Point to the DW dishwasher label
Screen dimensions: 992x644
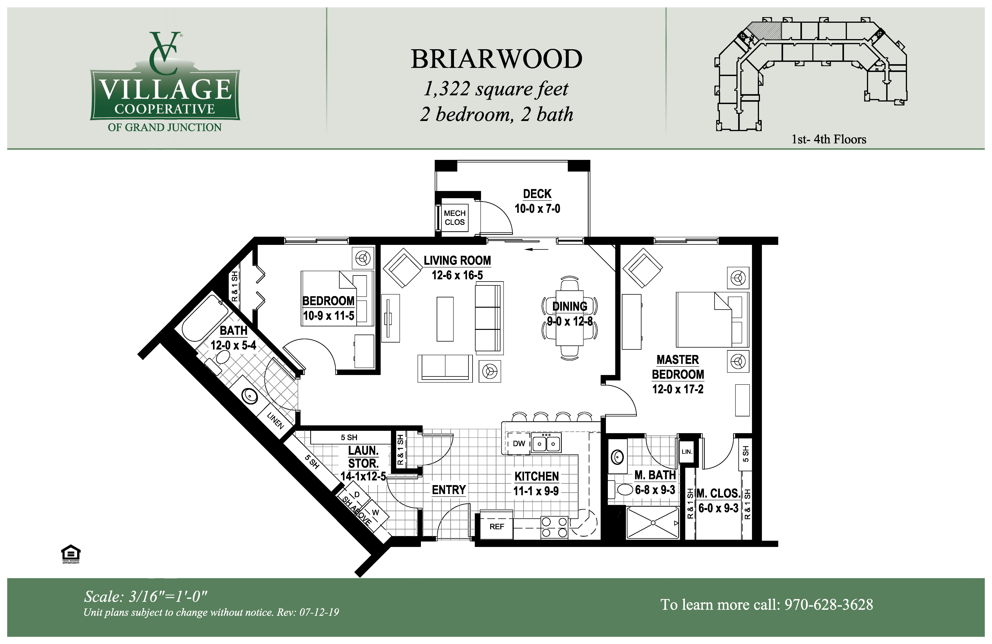click(x=519, y=443)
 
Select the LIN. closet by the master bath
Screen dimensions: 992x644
click(x=686, y=451)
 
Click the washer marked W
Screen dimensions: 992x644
click(x=375, y=513)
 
